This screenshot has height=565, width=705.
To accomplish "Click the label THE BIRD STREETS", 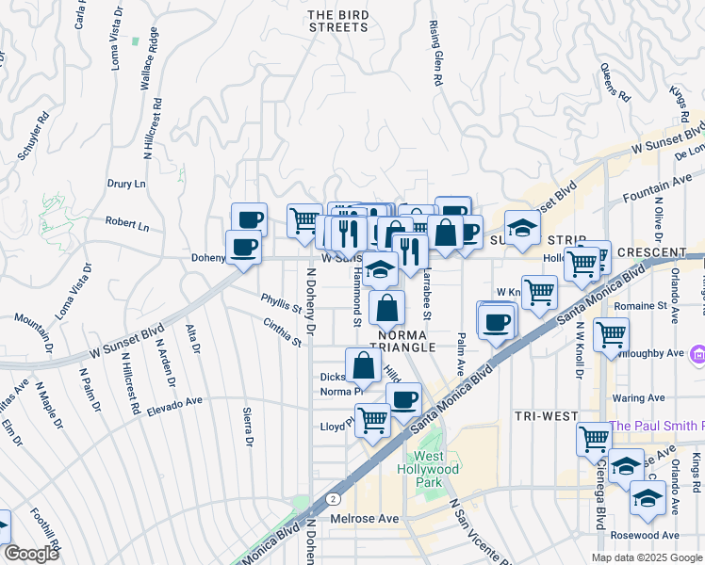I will point(339,21).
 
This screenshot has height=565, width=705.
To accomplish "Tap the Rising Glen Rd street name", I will point(436,53).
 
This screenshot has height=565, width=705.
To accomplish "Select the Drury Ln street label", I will point(126,185).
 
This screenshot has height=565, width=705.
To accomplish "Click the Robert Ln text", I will point(127,226).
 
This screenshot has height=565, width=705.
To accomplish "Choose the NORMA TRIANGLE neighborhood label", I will point(406,340).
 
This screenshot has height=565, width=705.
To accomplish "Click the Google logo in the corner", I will point(31,554).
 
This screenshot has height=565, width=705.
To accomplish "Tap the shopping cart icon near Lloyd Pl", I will point(373,419).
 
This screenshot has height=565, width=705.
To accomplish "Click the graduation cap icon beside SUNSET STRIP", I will point(521,227).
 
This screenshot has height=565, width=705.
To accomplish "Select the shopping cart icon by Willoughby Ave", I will point(612,332).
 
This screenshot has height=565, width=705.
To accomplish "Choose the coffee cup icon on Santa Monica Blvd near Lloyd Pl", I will point(403,398).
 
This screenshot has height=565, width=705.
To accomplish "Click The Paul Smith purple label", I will point(656,426).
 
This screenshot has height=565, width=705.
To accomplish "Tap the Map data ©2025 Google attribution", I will point(646,557).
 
